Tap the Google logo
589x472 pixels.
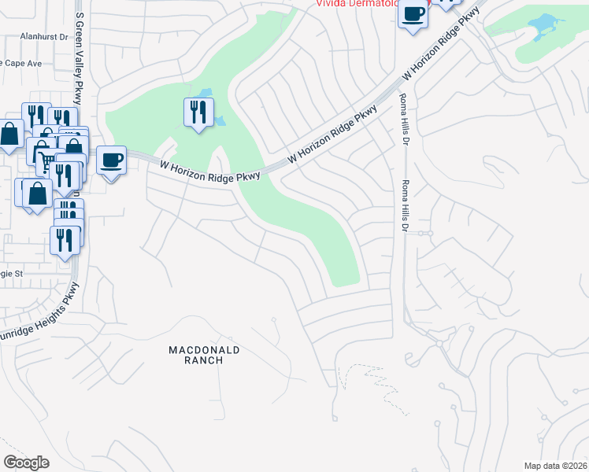[x=26, y=463]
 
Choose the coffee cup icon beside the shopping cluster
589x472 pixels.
[x=111, y=160]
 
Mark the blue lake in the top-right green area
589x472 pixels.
[x=543, y=29]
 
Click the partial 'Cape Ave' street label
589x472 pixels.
[x=20, y=63]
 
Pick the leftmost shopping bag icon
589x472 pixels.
[x=10, y=135]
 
